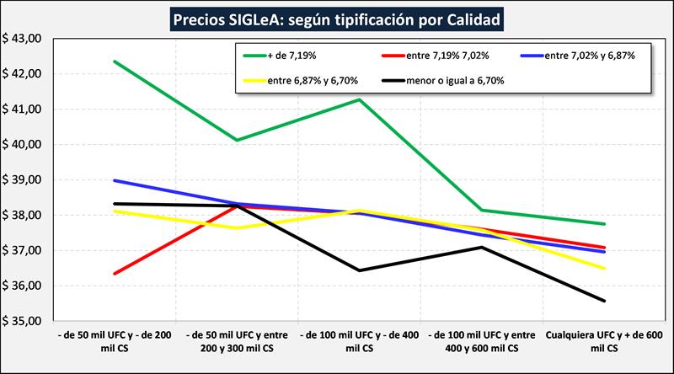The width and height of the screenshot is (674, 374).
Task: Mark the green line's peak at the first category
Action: tap(114, 61)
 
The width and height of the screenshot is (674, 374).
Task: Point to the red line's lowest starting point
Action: tap(114, 274)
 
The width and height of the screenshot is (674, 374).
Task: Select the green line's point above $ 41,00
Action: tap(361, 99)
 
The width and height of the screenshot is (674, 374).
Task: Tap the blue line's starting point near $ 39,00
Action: tap(114, 180)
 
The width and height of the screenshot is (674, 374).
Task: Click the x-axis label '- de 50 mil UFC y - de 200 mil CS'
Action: tap(113, 341)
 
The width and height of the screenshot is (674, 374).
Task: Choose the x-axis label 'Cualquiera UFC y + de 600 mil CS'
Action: tap(604, 341)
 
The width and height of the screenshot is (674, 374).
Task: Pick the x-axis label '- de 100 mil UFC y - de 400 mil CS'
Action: tap(361, 341)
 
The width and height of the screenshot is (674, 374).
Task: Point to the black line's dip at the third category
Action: tap(361, 270)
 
